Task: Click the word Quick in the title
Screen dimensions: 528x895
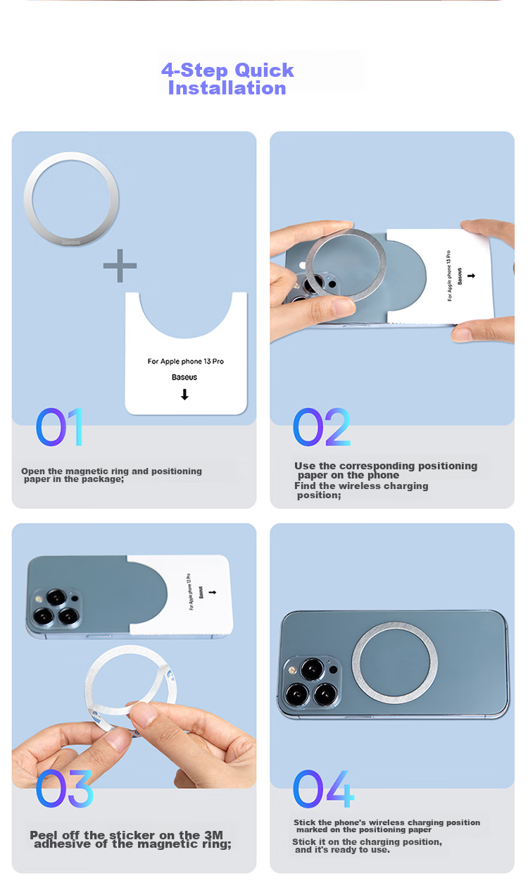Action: pos(264,70)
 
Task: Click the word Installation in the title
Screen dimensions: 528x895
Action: pos(227,87)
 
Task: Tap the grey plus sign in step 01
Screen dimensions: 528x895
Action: pos(120,266)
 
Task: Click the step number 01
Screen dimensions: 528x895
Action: pos(59,427)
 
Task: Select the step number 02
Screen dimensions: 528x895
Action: pos(322,427)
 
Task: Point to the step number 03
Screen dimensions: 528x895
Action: pos(65,789)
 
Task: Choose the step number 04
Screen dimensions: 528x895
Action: pos(323,789)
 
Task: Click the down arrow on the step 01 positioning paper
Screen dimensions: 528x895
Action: pos(184,395)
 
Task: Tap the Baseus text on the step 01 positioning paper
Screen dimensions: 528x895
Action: pos(184,377)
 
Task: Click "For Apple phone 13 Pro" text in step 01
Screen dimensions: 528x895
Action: pos(186,362)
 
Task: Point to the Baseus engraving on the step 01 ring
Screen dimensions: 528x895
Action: pos(71,242)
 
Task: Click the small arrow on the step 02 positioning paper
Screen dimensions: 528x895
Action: pos(471,276)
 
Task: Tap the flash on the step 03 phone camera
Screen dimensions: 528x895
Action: pos(39,599)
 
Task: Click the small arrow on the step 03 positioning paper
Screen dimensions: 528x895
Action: pos(213,592)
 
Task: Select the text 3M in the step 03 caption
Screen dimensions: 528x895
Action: pos(213,834)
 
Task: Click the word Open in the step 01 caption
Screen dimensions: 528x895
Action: pos(30,471)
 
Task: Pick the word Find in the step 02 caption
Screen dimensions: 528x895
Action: pos(305,486)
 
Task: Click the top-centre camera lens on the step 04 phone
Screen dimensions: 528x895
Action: pos(312,669)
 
